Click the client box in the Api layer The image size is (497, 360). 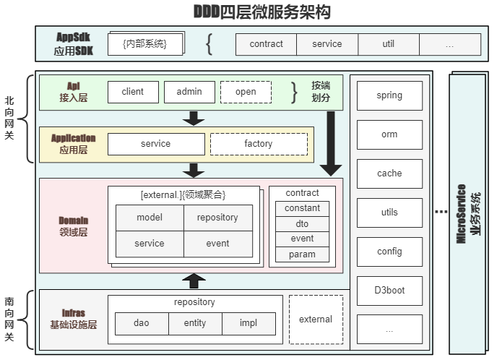[x=133, y=92]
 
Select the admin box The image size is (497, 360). [x=189, y=92]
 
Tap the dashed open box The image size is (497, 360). [x=246, y=92]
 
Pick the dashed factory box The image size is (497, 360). [x=258, y=144]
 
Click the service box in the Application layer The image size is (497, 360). [x=155, y=144]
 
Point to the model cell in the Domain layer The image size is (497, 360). [x=150, y=218]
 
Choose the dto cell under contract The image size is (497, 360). [x=302, y=224]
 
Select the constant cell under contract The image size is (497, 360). [x=302, y=208]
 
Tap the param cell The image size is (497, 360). [x=302, y=254]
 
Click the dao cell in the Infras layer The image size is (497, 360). [x=142, y=323]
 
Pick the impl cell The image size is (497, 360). [x=248, y=323]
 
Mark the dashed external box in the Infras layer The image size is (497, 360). [x=316, y=320]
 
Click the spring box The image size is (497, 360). [x=389, y=95]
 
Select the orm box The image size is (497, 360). [x=389, y=134]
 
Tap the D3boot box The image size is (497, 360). [x=389, y=291]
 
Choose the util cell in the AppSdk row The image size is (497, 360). [x=389, y=44]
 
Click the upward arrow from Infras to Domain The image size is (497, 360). [x=193, y=280]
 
